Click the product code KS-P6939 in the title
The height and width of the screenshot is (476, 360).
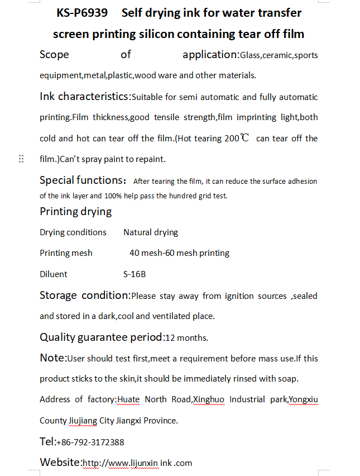[82, 13]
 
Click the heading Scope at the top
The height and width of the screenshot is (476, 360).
[54, 54]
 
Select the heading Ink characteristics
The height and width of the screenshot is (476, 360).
[84, 96]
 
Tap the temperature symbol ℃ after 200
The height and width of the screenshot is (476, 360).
[244, 138]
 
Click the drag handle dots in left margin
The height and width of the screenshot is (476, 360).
[21, 159]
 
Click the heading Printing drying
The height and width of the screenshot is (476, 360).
[75, 211]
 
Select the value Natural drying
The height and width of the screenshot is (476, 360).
[151, 232]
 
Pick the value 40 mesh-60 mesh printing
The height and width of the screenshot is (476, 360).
[179, 253]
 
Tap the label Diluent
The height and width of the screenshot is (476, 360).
[54, 274]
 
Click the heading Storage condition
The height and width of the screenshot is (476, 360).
[84, 295]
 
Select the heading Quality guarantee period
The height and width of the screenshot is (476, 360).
[102, 337]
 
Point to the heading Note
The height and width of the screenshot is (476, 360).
[52, 358]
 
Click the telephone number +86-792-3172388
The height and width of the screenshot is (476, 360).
[90, 442]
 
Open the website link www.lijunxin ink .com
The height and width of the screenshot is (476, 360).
[137, 463]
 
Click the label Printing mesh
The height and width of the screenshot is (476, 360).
[66, 253]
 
